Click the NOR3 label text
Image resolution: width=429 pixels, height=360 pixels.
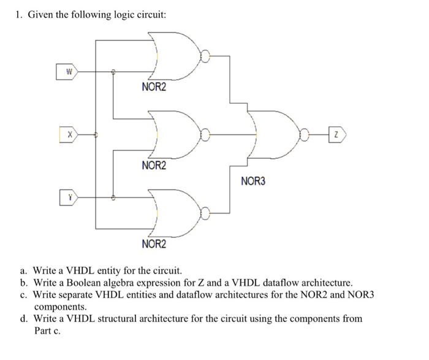point(253,181)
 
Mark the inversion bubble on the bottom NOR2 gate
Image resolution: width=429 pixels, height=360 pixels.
point(207,213)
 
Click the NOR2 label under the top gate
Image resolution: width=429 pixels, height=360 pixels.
point(153,88)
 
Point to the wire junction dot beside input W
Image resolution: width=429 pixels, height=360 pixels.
point(113,72)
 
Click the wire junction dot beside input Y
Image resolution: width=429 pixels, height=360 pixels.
point(113,197)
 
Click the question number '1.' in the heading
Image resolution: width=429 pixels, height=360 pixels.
point(18,15)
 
